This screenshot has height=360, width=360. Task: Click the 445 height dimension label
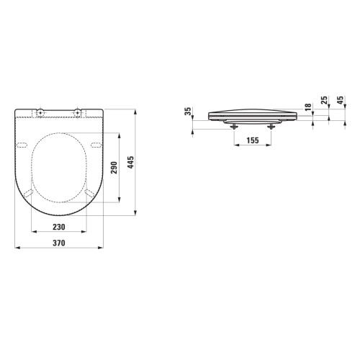point(131,162)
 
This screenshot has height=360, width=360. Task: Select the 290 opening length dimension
point(114,168)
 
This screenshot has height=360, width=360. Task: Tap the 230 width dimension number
point(59,227)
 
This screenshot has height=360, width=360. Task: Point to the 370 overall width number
point(59,243)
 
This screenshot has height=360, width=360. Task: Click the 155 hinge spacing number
point(253,140)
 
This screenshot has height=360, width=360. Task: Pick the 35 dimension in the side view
point(189,111)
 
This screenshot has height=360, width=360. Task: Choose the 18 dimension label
point(308,107)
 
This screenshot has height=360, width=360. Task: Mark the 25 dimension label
point(324,100)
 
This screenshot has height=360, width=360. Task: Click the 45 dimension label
point(341,100)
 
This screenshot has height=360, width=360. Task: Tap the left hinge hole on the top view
point(40,112)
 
